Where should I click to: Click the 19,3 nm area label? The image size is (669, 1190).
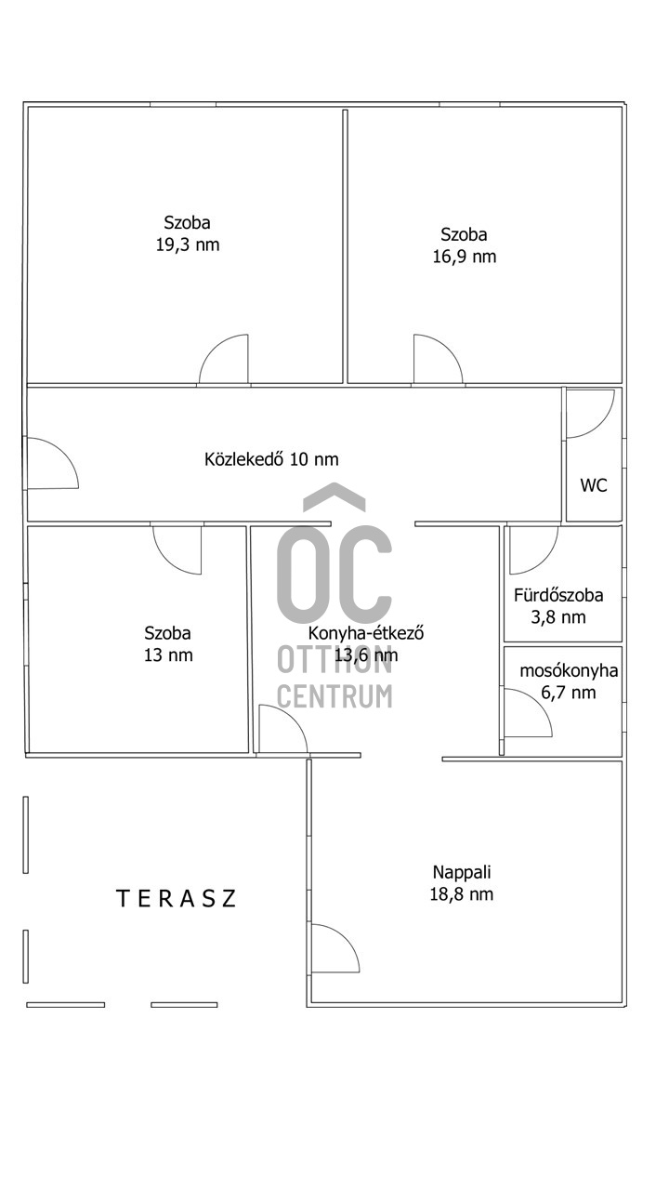point(188,245)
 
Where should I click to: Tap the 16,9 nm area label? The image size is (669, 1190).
point(465,257)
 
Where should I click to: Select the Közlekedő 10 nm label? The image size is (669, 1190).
point(271,459)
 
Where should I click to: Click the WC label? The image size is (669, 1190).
point(594,485)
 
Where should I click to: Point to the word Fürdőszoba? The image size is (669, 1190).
point(558,595)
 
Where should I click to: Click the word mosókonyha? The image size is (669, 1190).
point(569,671)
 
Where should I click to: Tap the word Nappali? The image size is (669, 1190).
point(462,872)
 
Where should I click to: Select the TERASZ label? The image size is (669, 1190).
point(176,898)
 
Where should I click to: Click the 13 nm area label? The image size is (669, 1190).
point(168,655)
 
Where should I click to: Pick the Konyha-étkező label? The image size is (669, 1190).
point(366,633)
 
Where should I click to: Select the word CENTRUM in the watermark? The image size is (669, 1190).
point(335,696)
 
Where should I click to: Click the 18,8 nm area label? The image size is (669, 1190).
point(462,894)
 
